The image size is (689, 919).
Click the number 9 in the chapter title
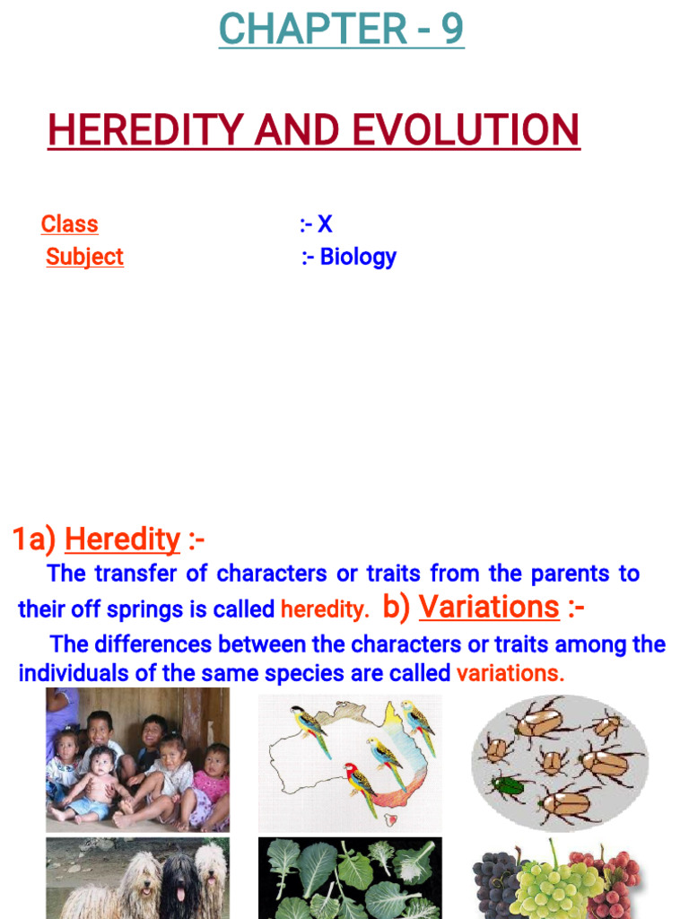click(451, 29)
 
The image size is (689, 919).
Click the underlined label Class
click(69, 224)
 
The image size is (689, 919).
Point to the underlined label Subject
click(84, 257)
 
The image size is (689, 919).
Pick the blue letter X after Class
click(325, 224)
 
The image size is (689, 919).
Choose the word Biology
click(358, 257)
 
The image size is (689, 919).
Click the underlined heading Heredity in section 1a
click(122, 539)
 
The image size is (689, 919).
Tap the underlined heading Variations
click(489, 608)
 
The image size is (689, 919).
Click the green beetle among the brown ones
click(505, 786)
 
